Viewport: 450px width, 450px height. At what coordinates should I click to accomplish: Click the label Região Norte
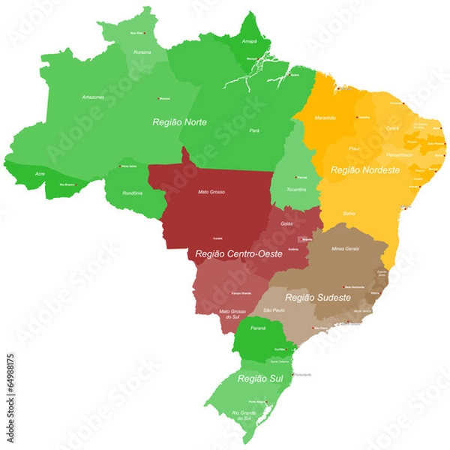179,121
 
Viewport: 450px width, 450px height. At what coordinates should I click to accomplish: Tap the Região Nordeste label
365,170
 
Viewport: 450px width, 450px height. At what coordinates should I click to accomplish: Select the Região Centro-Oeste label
238,254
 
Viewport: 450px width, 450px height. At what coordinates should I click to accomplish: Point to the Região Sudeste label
318,298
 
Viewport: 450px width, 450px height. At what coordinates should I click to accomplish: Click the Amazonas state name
93,97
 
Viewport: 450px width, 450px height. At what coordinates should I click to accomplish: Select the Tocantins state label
296,189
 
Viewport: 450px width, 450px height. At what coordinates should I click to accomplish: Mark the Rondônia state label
132,193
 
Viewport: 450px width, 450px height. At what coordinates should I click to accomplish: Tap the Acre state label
39,173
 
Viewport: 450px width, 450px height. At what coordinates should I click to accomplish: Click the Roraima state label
142,52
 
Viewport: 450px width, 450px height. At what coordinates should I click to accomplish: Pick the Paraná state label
258,328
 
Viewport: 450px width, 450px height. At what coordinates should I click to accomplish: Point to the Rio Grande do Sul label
244,415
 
